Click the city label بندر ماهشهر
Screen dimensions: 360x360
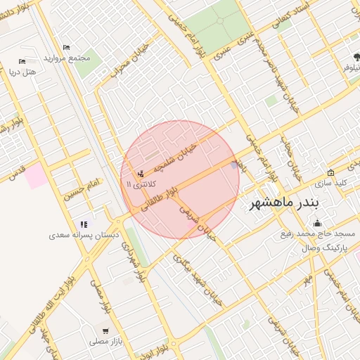(287, 205)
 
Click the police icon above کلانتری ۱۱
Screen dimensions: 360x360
(141, 173)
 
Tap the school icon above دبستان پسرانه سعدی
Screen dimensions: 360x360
(84, 224)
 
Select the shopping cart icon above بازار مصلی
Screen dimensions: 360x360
(105, 330)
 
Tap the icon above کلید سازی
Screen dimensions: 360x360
(330, 173)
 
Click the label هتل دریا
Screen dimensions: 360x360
(22, 71)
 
